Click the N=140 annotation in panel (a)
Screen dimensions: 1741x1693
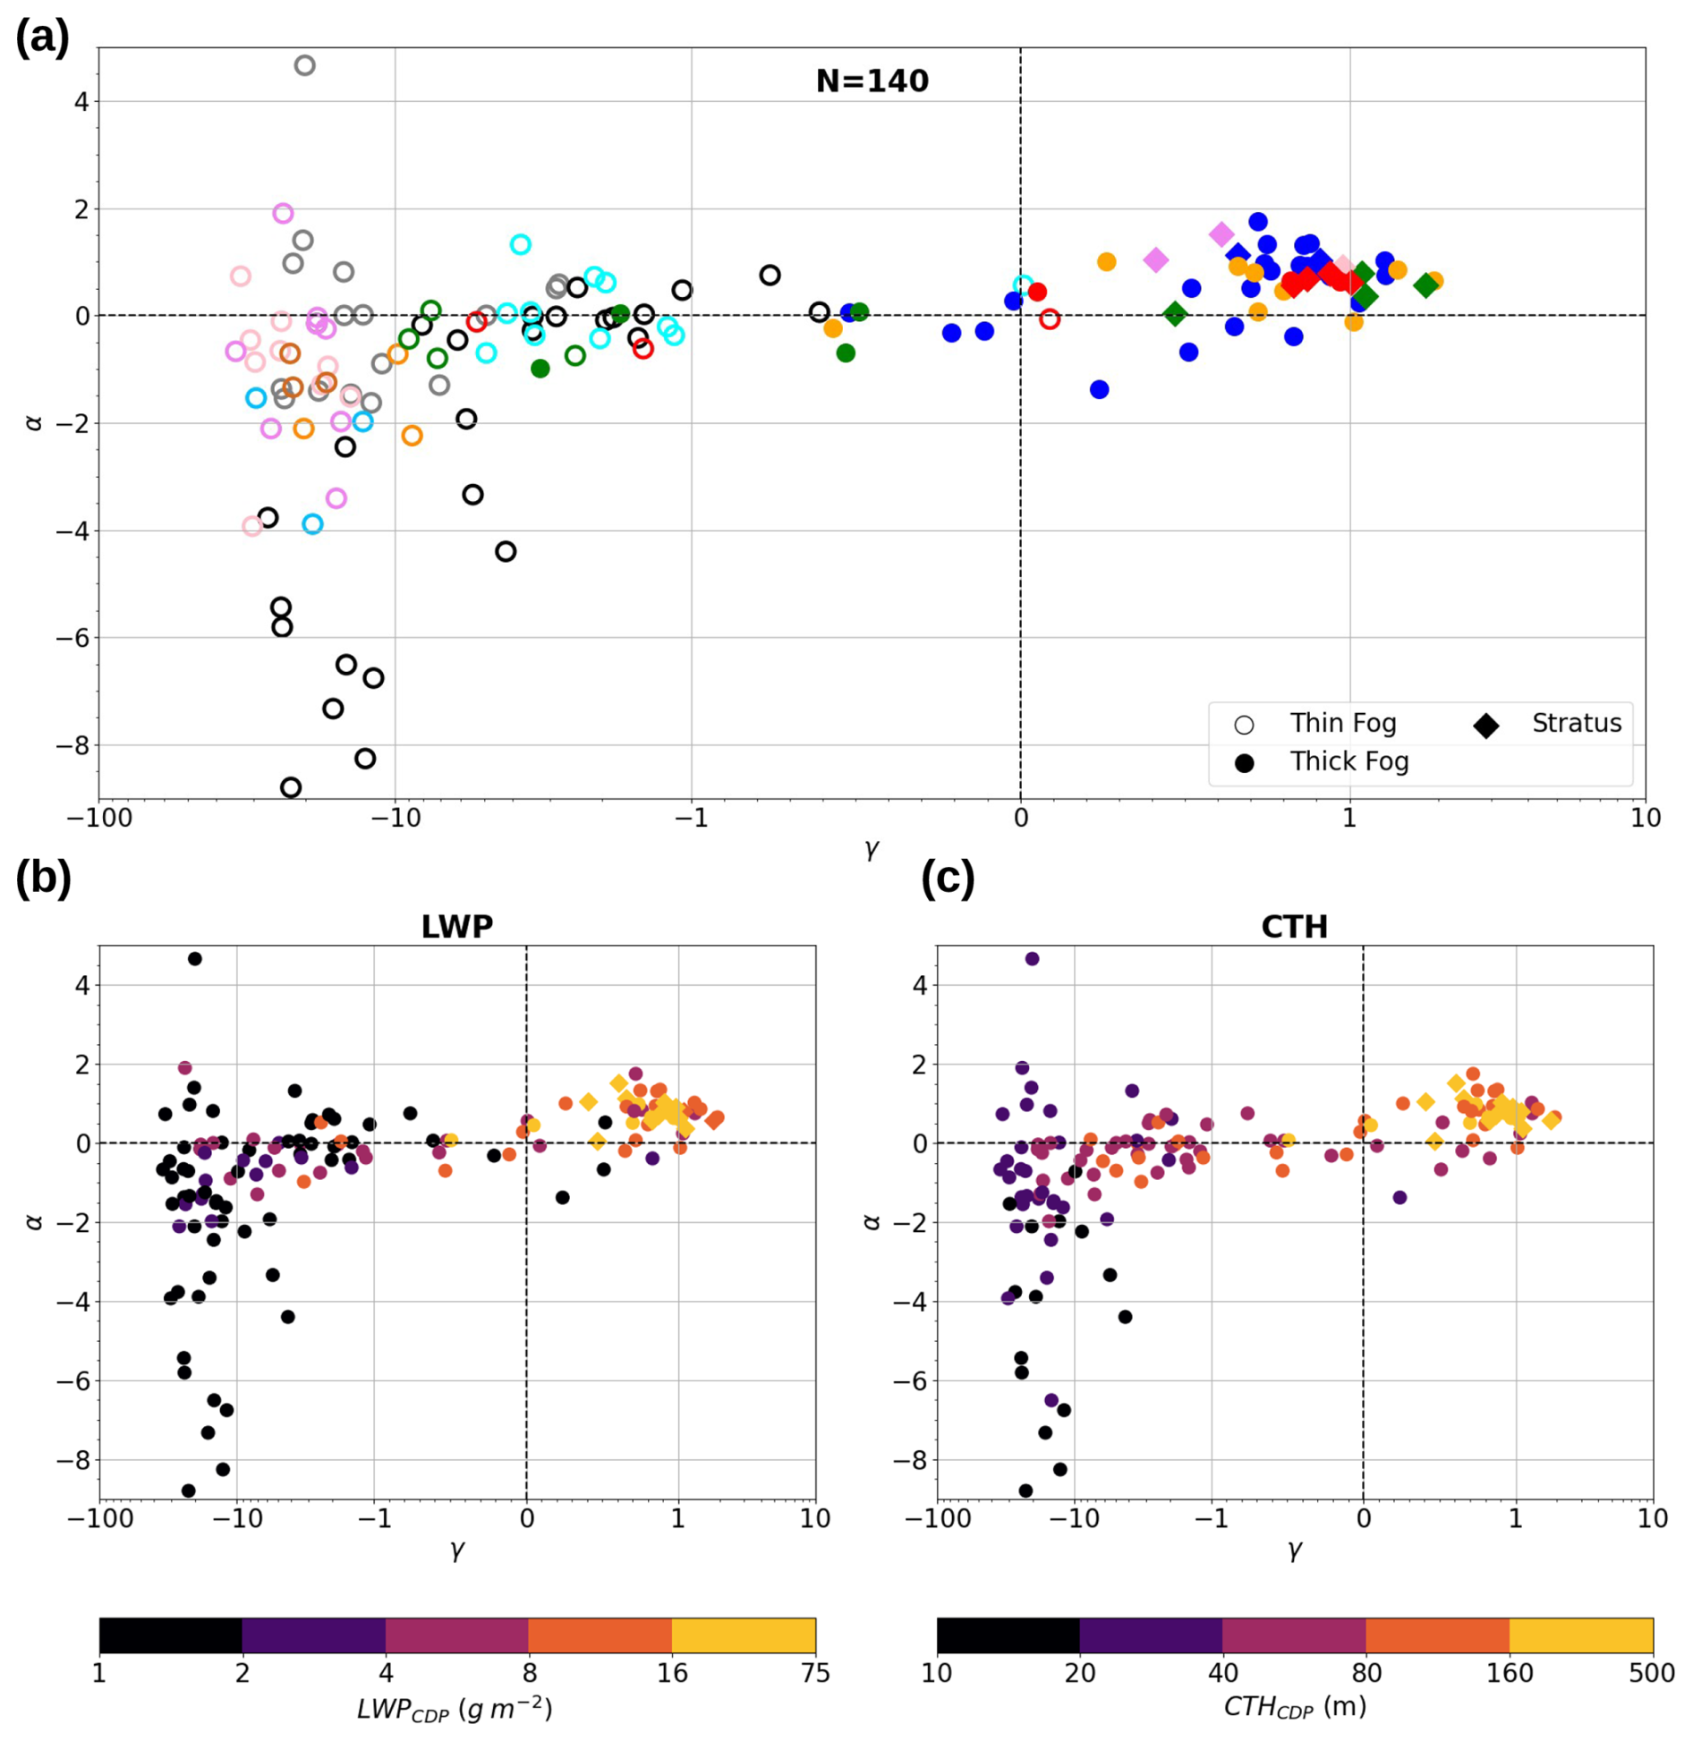click(872, 81)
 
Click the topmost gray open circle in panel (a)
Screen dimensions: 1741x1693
click(305, 65)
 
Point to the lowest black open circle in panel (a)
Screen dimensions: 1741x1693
click(291, 787)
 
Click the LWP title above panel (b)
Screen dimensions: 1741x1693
click(456, 926)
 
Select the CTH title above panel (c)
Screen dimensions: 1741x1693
click(1294, 926)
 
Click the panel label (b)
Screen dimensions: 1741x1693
click(43, 878)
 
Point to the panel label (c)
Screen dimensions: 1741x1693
click(948, 878)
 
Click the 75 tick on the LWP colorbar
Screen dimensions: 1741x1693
click(815, 1673)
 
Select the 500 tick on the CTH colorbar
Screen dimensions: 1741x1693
click(1652, 1673)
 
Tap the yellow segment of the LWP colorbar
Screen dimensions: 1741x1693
click(743, 1635)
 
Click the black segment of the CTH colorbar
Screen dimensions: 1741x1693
click(1008, 1635)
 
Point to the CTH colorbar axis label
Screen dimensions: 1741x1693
click(1294, 1706)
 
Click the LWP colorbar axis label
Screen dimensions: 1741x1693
click(455, 1708)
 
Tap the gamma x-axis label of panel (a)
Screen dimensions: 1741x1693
click(872, 848)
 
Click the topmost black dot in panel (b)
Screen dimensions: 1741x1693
click(195, 958)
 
